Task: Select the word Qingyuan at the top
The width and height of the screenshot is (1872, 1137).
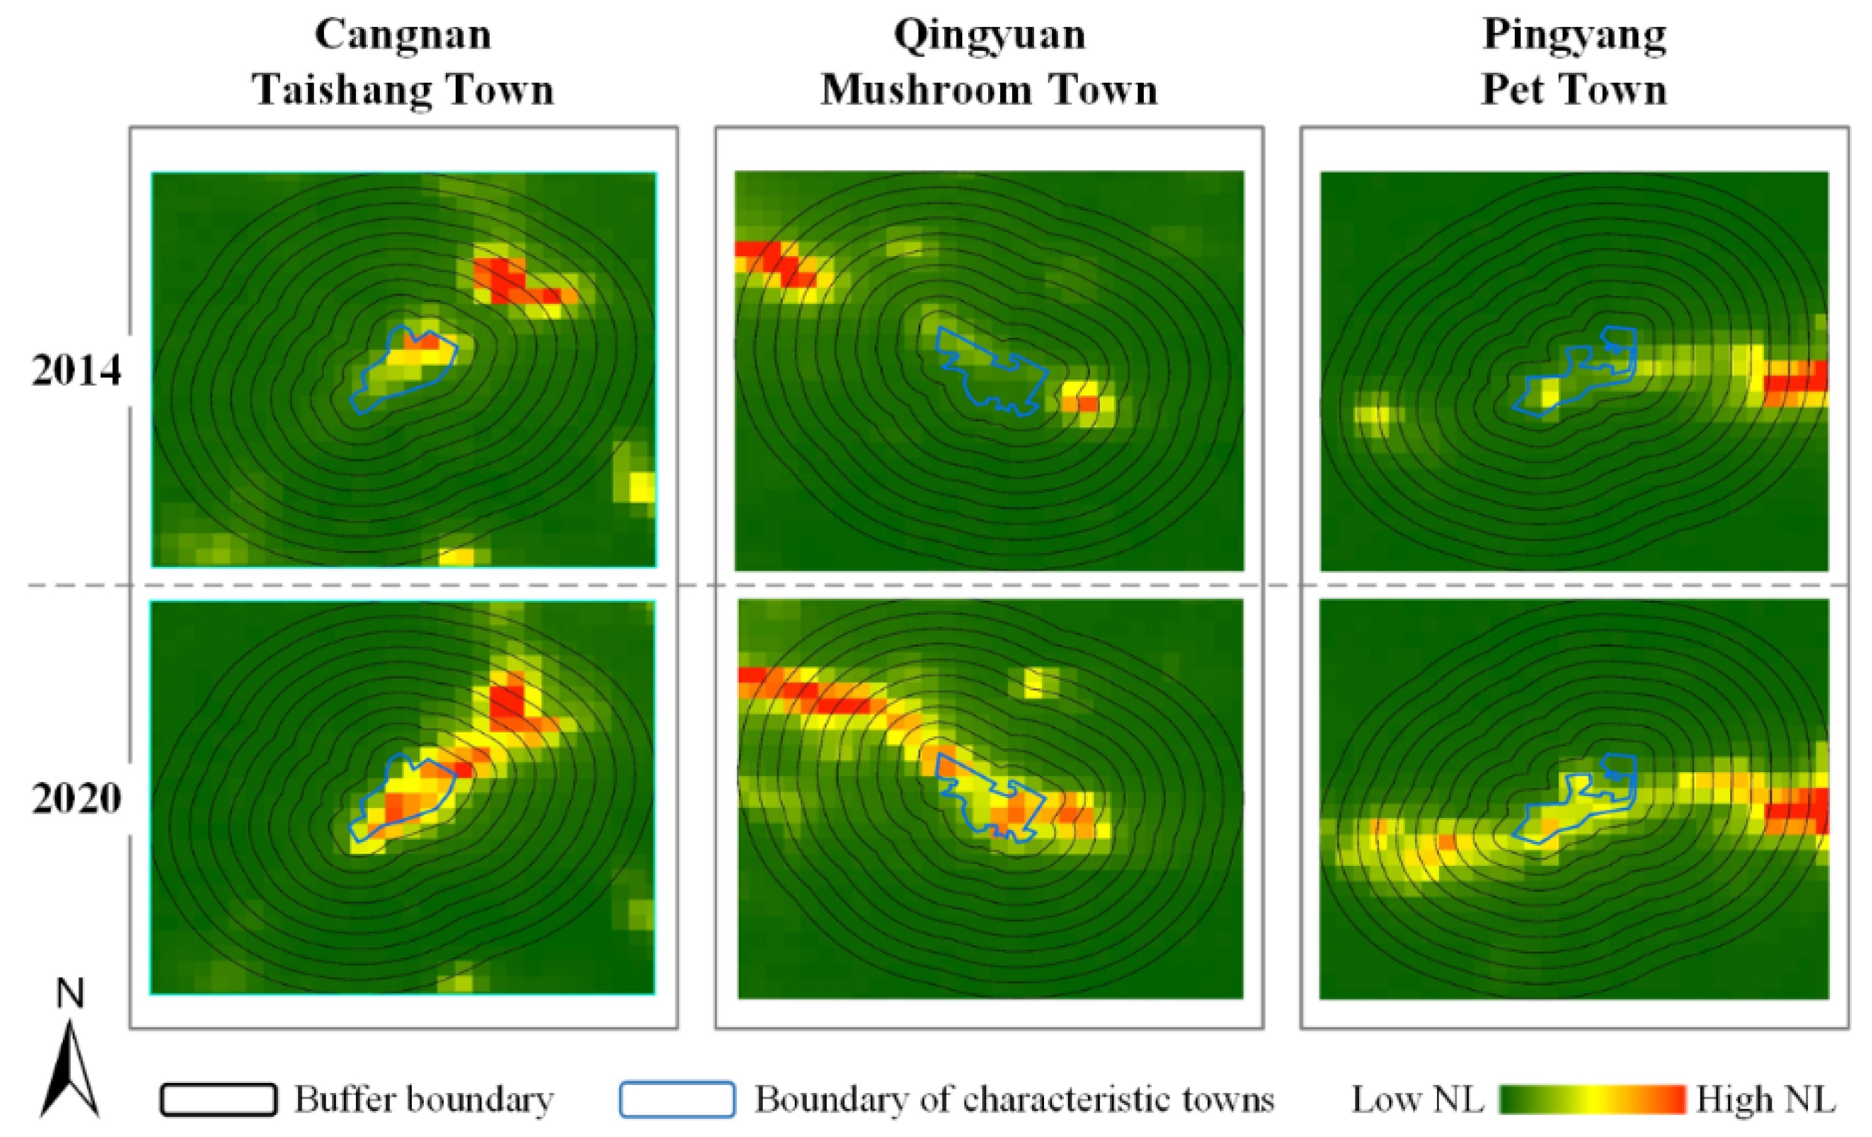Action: pos(989,35)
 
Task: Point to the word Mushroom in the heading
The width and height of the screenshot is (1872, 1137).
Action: pos(926,90)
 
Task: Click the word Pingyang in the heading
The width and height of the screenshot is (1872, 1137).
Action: pos(1574,35)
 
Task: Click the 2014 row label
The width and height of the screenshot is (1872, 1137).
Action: pos(76,371)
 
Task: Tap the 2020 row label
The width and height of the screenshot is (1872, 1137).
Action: pos(76,799)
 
